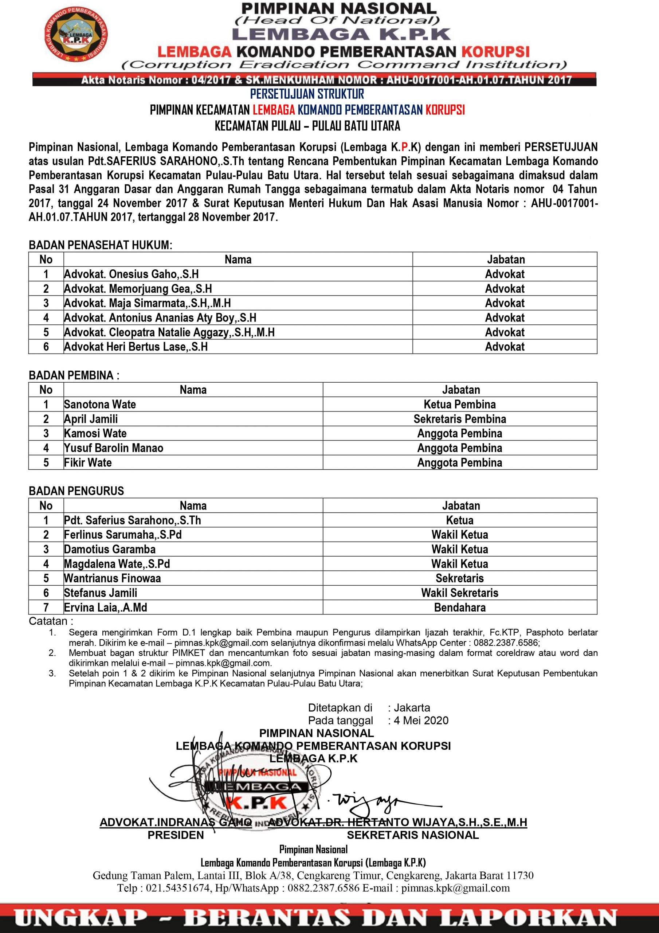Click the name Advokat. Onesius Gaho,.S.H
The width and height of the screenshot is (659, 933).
click(x=131, y=274)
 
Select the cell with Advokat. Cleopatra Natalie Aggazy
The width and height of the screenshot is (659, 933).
click(x=169, y=332)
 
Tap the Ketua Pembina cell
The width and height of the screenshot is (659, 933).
click(x=459, y=404)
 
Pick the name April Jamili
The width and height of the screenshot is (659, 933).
click(x=91, y=419)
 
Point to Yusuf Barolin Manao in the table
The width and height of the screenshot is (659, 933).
click(x=113, y=448)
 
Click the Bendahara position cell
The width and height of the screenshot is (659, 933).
click(x=459, y=608)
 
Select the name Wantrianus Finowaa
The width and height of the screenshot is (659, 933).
click(x=112, y=578)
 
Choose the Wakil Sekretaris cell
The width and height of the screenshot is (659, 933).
click(x=459, y=593)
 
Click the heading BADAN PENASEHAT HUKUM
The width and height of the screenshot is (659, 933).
click(x=100, y=245)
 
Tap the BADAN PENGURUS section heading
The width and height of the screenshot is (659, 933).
click(x=77, y=491)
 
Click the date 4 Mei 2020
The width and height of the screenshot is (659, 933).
click(x=421, y=721)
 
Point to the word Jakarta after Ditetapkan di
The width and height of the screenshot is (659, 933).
click(x=412, y=707)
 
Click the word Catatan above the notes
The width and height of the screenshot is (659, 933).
click(x=50, y=621)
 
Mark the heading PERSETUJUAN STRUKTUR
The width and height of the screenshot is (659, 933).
click(x=307, y=94)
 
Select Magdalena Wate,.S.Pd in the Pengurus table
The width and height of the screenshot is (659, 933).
click(x=117, y=563)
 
